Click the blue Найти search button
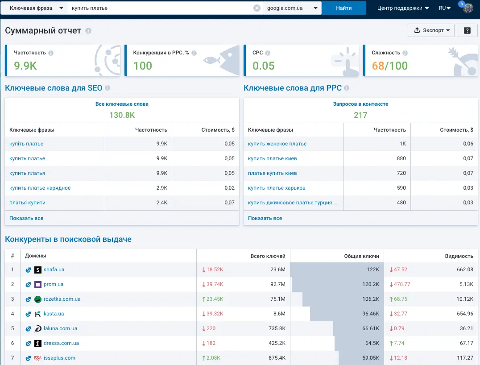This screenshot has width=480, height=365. pyautogui.click(x=344, y=8)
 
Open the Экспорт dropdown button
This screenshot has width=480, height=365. pyautogui.click(x=431, y=30)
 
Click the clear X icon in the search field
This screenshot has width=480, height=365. pyautogui.click(x=257, y=8)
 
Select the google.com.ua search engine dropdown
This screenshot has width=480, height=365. pyautogui.click(x=292, y=8)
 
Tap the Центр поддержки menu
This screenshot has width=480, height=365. pyautogui.click(x=403, y=8)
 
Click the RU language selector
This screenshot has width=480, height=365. pyautogui.click(x=444, y=8)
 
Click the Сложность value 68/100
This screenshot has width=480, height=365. pyautogui.click(x=390, y=66)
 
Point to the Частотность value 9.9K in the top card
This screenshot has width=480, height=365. pyautogui.click(x=25, y=66)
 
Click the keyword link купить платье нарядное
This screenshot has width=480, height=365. pyautogui.click(x=40, y=188)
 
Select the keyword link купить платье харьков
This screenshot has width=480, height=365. pyautogui.click(x=277, y=188)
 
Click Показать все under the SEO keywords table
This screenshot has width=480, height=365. pyautogui.click(x=26, y=218)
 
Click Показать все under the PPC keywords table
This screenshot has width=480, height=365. pyautogui.click(x=265, y=218)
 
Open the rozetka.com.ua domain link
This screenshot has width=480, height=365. pyautogui.click(x=62, y=299)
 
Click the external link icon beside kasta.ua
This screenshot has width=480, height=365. pyautogui.click(x=28, y=314)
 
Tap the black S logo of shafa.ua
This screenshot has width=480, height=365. pyautogui.click(x=37, y=270)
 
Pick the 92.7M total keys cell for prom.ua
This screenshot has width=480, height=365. pyautogui.click(x=277, y=284)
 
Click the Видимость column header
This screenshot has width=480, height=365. pyautogui.click(x=459, y=256)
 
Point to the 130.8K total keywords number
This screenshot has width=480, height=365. pyautogui.click(x=122, y=115)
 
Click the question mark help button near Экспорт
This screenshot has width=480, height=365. pyautogui.click(x=467, y=30)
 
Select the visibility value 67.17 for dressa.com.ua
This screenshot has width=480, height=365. pyautogui.click(x=466, y=343)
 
